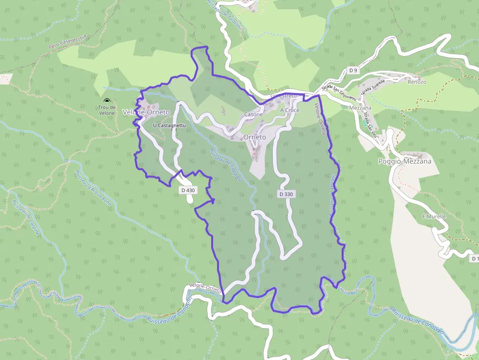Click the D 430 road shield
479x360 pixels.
(x=188, y=190)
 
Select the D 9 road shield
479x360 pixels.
(x=353, y=71)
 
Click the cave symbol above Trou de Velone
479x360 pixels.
(x=107, y=101)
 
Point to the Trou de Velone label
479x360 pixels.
(x=107, y=110)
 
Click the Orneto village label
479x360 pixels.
(x=255, y=137)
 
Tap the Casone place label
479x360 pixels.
(x=253, y=114)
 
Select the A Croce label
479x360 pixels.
(x=289, y=110)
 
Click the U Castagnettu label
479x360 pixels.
(x=169, y=126)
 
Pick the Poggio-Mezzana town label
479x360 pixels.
(x=405, y=161)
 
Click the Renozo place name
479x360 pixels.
(x=417, y=82)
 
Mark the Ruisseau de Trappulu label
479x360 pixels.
(x=225, y=164)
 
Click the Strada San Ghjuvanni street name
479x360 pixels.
(x=337, y=86)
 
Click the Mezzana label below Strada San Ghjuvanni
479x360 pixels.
(x=361, y=108)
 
